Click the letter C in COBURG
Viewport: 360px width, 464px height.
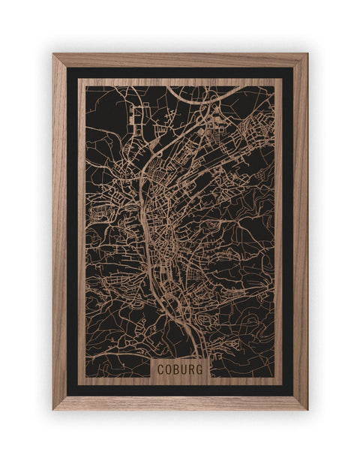[x=161, y=369]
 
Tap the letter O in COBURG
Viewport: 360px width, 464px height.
[x=169, y=369]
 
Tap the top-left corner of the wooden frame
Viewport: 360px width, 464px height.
[x=53, y=54]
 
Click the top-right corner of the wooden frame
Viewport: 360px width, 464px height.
[x=307, y=54]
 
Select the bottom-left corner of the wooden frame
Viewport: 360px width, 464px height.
[x=53, y=409]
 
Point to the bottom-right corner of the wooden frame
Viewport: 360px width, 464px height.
[x=307, y=409]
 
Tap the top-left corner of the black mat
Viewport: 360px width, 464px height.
[x=67, y=68]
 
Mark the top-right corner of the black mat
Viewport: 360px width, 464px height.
[x=293, y=68]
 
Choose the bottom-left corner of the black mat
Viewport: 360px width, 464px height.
[x=67, y=396]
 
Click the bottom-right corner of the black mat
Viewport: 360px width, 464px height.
[x=293, y=396]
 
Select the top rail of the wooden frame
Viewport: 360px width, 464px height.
[x=180, y=60]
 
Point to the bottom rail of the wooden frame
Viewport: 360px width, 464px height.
[x=180, y=402]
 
